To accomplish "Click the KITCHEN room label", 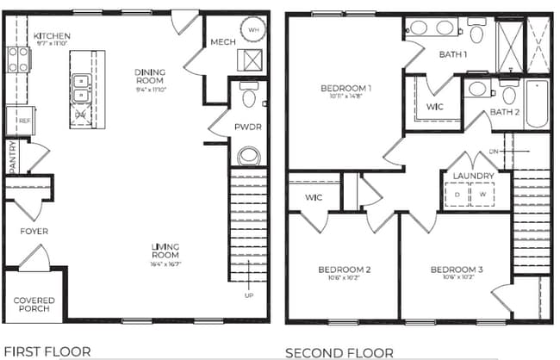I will [x=51, y=36].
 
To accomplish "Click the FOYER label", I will [x=34, y=232].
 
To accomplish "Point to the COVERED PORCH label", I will [x=34, y=305].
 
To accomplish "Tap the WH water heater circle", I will [x=253, y=29].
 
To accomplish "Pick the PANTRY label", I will [x=12, y=158].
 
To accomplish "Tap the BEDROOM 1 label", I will [x=345, y=88].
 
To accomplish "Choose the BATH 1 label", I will [x=428, y=55].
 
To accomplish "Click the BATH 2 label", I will [x=505, y=112].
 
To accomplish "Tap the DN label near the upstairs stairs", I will [x=494, y=152].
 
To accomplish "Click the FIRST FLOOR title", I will [x=47, y=351].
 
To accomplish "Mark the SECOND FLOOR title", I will [x=339, y=351].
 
